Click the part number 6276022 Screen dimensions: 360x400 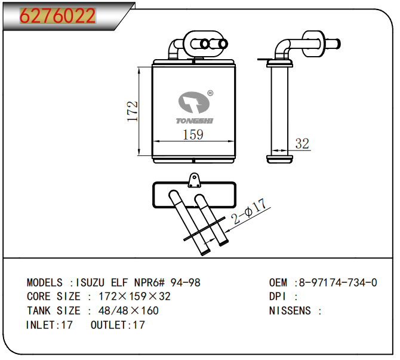[x=58, y=16]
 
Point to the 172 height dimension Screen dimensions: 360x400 [x=133, y=111]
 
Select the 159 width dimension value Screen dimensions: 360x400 [x=192, y=135]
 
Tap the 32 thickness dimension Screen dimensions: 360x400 [x=303, y=143]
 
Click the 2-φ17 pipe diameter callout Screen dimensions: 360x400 [x=248, y=211]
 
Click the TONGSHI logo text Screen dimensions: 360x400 [x=195, y=121]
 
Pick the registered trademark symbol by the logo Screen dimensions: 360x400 [x=210, y=93]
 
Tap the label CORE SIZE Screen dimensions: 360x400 [x=54, y=296]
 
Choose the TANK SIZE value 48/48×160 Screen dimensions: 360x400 [x=124, y=310]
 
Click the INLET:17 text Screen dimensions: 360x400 [x=50, y=325]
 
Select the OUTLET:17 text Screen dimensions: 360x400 [x=118, y=325]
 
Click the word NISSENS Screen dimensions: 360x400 [x=290, y=310]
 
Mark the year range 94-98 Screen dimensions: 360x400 [x=186, y=282]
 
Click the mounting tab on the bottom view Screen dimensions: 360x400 [x=193, y=181]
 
